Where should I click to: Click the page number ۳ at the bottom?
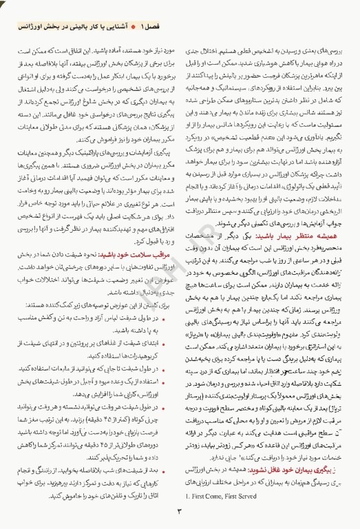[178, 511]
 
